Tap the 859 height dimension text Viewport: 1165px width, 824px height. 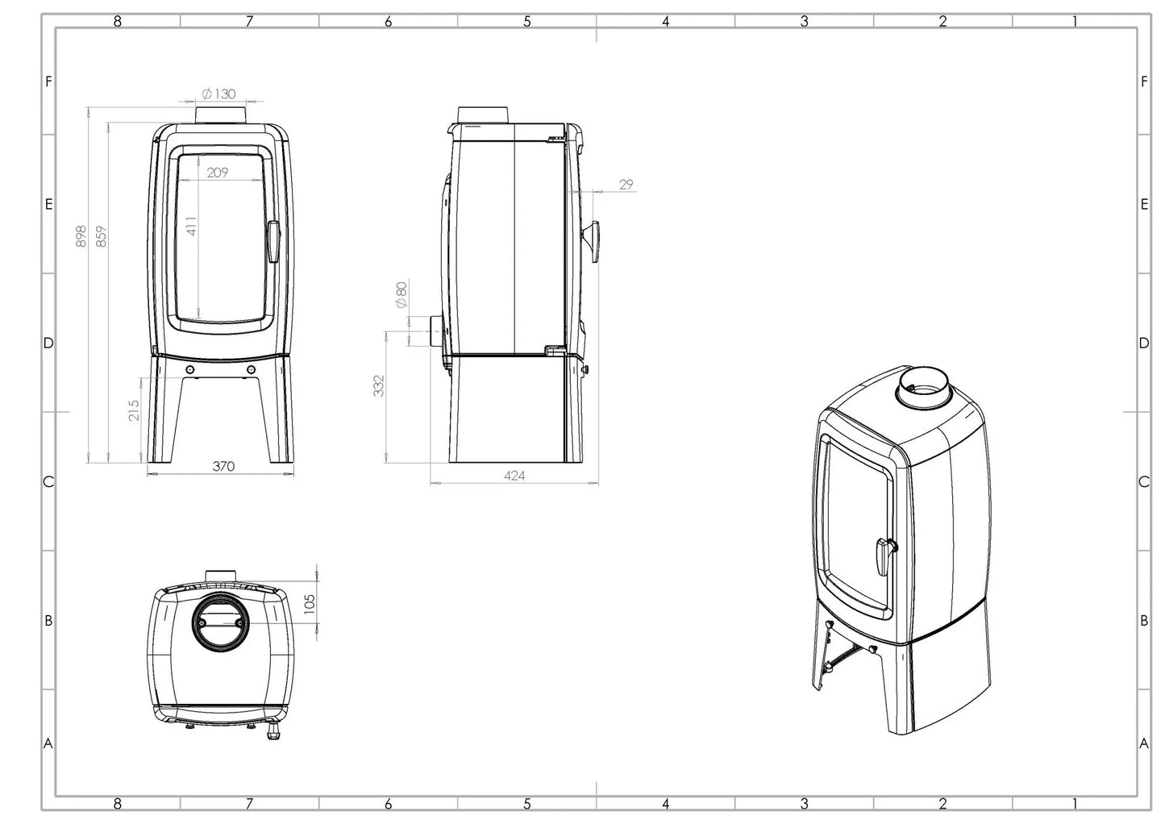click(101, 235)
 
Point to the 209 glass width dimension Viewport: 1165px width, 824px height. click(218, 172)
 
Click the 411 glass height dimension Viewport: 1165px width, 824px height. click(191, 226)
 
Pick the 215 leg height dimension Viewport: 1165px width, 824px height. click(134, 410)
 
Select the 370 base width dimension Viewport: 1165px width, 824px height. click(223, 466)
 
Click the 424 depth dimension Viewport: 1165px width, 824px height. click(514, 476)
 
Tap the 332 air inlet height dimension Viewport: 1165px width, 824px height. click(379, 385)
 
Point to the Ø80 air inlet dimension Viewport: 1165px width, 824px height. click(401, 294)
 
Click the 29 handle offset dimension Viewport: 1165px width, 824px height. click(626, 184)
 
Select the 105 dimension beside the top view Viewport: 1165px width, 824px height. click(310, 603)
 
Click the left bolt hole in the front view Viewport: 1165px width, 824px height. click(190, 368)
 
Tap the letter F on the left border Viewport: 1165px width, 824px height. click(48, 81)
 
